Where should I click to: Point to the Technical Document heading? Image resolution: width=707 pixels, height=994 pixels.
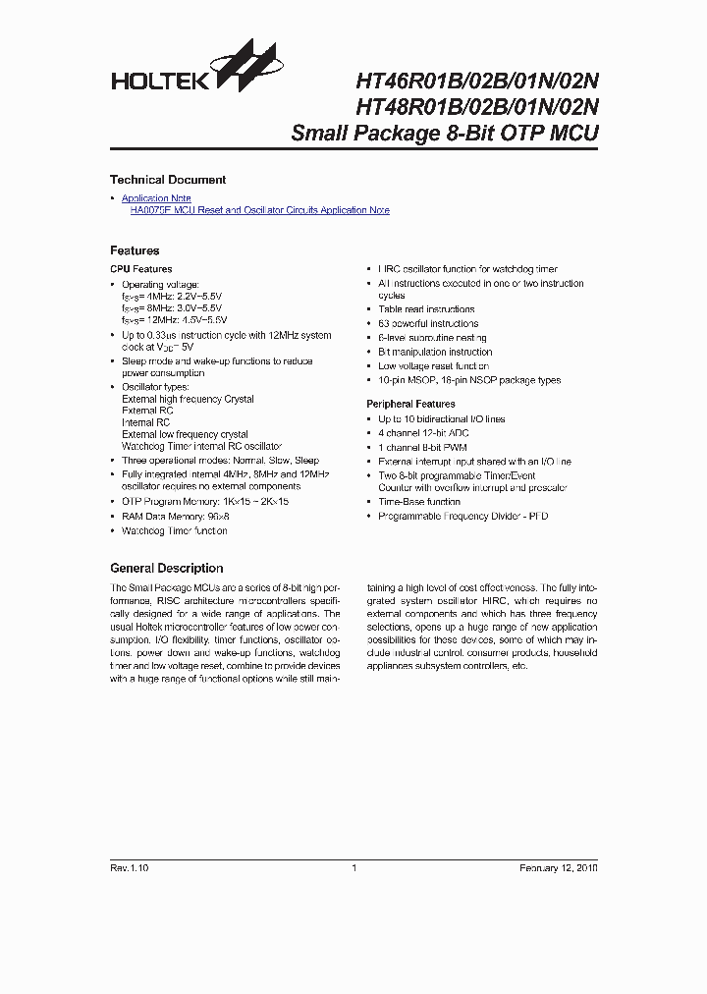tap(168, 180)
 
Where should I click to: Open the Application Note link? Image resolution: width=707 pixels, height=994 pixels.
tap(156, 198)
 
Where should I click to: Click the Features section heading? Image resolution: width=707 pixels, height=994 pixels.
tap(135, 250)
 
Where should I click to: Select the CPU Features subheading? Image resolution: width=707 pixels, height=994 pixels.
tap(140, 269)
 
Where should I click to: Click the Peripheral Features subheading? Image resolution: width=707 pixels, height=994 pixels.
tap(410, 404)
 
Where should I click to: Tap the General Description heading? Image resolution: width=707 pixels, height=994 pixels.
tap(166, 568)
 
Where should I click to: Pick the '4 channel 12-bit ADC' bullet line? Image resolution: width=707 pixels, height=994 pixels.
tap(424, 433)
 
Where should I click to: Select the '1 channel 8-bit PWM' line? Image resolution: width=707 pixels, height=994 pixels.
tap(423, 447)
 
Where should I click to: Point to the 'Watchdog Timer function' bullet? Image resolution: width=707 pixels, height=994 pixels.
tap(174, 530)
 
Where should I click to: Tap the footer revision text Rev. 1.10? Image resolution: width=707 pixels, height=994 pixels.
tap(129, 868)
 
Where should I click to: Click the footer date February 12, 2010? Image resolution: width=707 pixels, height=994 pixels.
tap(558, 868)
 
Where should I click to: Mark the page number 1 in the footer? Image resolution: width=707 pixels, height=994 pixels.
tap(353, 868)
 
